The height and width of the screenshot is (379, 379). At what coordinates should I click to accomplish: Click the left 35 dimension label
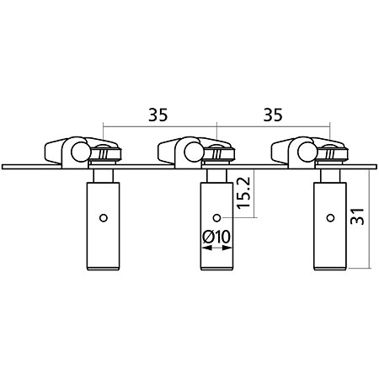[158, 115]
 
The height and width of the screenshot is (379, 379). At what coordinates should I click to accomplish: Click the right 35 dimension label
[273, 115]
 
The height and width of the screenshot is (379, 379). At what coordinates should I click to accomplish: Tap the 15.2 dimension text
[243, 193]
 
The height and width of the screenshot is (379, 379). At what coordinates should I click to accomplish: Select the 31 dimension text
[357, 216]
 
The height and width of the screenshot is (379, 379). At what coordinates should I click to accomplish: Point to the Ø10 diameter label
[216, 237]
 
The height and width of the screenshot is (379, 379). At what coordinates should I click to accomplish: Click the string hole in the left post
[104, 218]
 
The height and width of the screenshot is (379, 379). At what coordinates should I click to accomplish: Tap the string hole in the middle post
[216, 217]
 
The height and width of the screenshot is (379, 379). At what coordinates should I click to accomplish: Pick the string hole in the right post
[330, 217]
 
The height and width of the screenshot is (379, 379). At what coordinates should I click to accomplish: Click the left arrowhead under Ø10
[207, 248]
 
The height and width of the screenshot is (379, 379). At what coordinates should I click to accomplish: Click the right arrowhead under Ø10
[227, 248]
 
